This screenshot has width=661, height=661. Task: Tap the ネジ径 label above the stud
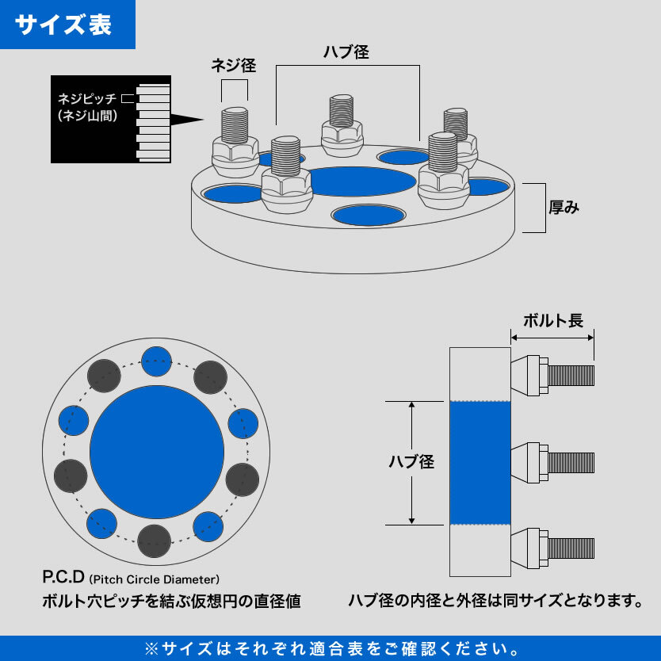coord(233,66)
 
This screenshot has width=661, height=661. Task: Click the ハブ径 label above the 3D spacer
coord(346,52)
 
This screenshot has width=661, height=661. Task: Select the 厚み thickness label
coord(564,208)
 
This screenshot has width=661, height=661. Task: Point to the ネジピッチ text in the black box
coord(86,100)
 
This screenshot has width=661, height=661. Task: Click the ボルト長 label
coord(553,320)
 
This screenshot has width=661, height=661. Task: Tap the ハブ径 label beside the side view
coord(411,462)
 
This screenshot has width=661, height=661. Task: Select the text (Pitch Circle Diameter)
coord(155,579)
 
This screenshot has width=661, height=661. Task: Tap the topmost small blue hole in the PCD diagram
coord(155,360)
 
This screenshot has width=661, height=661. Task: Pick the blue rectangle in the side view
coord(480,462)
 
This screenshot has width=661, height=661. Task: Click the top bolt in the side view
coord(552,374)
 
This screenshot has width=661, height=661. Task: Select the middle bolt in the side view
coord(552,462)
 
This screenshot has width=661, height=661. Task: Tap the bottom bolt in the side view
coord(552,548)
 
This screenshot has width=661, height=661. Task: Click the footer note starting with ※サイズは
coord(330,648)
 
